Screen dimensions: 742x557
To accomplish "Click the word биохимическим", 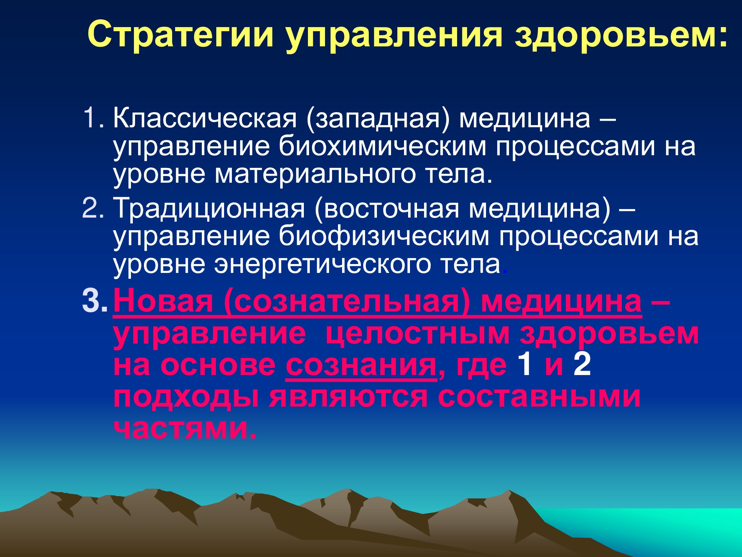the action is pos(383,147).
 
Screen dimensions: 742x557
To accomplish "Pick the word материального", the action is pos(315,175).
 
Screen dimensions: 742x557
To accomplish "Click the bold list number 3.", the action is pos(95,301).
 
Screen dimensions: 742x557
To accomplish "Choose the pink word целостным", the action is pos(418,334).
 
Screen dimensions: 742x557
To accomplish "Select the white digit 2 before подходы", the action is pos(582,364).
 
